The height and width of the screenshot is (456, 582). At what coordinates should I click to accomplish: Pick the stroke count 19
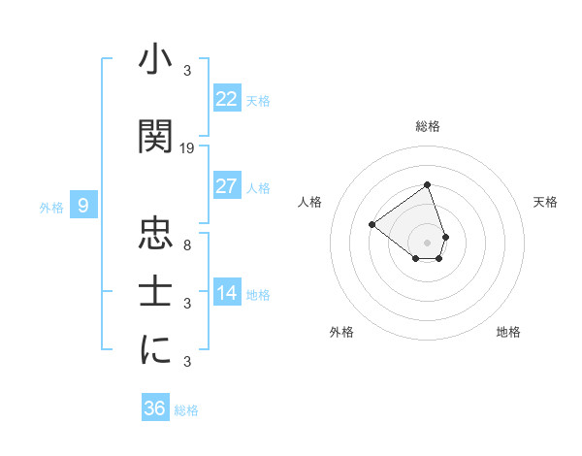[x=187, y=148]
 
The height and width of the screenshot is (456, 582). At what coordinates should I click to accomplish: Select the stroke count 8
[x=187, y=244]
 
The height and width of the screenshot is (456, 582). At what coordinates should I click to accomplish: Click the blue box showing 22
[x=227, y=98]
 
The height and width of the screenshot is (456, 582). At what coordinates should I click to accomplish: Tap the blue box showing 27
[x=227, y=186]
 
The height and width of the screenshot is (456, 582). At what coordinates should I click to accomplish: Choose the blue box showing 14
[x=227, y=292]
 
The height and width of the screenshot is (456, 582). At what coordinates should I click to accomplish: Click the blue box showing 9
[x=83, y=205]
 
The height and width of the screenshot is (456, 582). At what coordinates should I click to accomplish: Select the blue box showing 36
[x=155, y=408]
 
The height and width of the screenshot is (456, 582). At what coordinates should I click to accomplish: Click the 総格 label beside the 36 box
[x=186, y=410]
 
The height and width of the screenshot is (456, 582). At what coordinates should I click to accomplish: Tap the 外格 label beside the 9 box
[x=51, y=207]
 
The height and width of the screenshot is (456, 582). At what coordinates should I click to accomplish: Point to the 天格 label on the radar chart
[x=545, y=202]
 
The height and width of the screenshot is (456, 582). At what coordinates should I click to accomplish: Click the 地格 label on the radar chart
[x=508, y=332]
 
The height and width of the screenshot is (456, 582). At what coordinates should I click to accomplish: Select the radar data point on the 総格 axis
[x=427, y=184]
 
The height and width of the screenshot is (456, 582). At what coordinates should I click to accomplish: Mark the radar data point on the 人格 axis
[x=372, y=224]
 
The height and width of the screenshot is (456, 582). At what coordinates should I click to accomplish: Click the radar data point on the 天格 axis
[x=445, y=236]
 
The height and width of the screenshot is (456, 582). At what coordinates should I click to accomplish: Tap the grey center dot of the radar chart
[x=427, y=242]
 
